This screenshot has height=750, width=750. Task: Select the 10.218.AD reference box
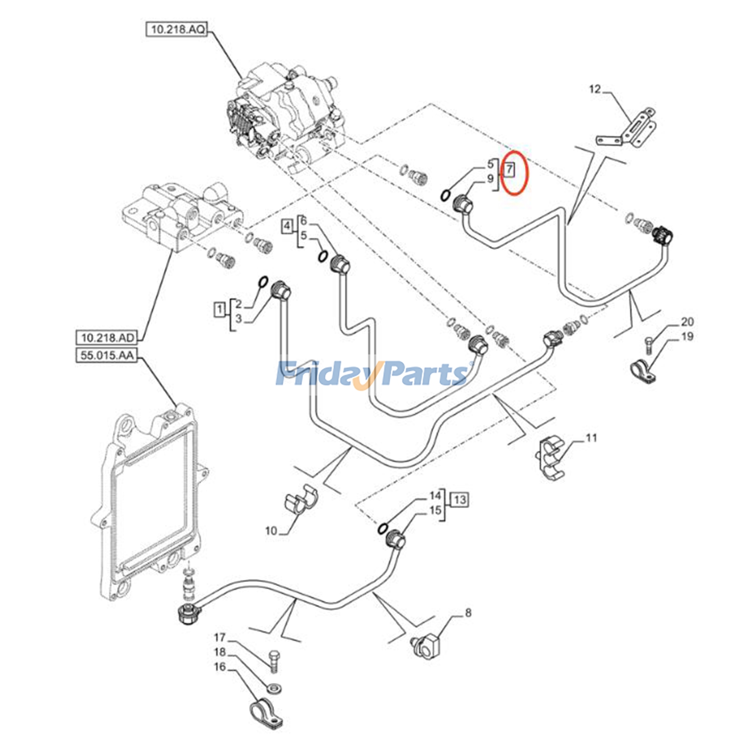107,337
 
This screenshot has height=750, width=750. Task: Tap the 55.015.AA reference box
107,355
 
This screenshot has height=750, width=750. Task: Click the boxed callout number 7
509,169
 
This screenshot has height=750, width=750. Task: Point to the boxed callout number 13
460,500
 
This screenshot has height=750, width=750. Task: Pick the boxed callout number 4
287,226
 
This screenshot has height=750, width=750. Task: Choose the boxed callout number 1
219,309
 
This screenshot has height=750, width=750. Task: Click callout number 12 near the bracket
595,89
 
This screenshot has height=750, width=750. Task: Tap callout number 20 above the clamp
687,322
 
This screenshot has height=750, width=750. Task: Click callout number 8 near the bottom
468,612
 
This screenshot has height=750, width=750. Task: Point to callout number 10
271,531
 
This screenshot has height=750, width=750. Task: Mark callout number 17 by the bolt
220,637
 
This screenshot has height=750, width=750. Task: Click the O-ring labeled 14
382,528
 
